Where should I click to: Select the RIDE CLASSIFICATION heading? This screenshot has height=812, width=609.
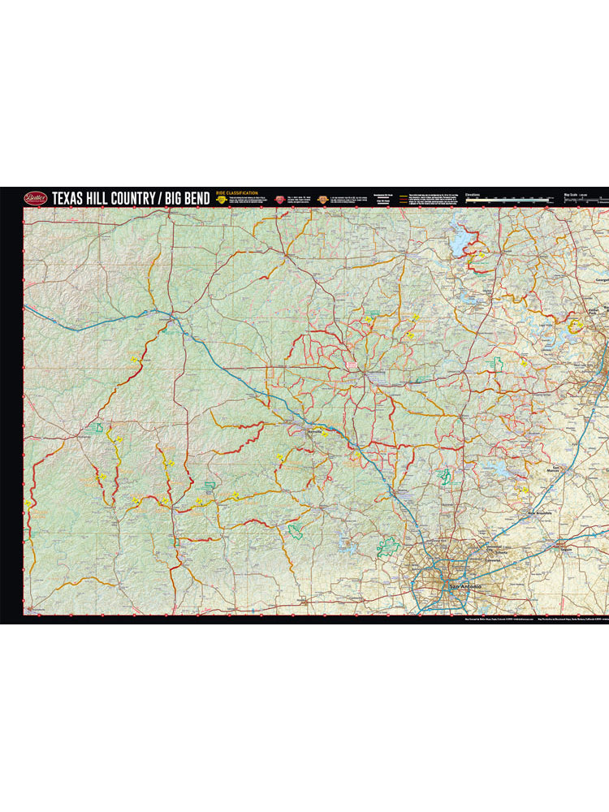[236, 193]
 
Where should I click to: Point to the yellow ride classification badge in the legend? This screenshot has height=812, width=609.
[221, 200]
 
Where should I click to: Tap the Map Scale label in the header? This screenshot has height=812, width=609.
[573, 195]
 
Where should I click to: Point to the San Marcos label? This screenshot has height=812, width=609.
[557, 469]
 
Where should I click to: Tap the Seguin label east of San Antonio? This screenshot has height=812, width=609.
[567, 551]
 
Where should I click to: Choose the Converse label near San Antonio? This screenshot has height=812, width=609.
[495, 560]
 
